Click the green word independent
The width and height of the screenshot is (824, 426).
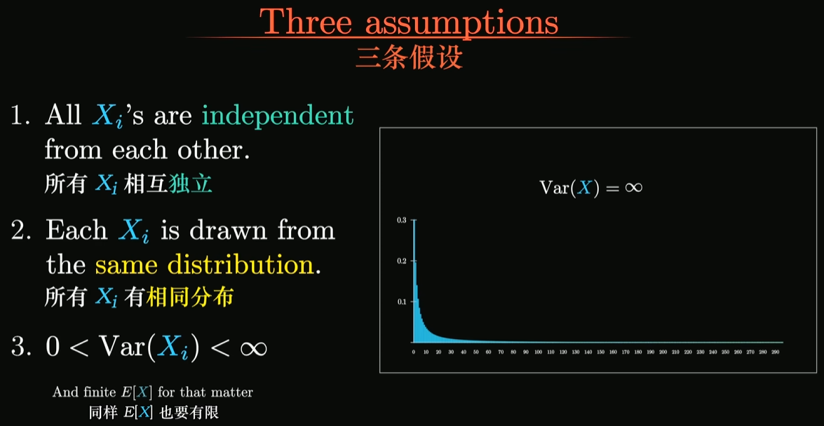(x=278, y=116)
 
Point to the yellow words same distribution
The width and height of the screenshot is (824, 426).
(x=207, y=266)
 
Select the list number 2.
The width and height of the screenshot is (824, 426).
(x=22, y=231)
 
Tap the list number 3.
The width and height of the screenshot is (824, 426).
(x=22, y=347)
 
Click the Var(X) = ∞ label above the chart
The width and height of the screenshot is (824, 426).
(x=591, y=188)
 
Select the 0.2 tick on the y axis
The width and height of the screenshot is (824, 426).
(x=402, y=261)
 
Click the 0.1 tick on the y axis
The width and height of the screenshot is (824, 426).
(x=402, y=301)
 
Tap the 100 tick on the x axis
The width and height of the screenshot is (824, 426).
(x=538, y=352)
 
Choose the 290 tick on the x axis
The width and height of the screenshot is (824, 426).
(x=776, y=352)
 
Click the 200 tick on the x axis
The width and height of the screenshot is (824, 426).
(x=663, y=352)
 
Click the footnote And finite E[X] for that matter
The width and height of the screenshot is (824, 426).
(x=152, y=392)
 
